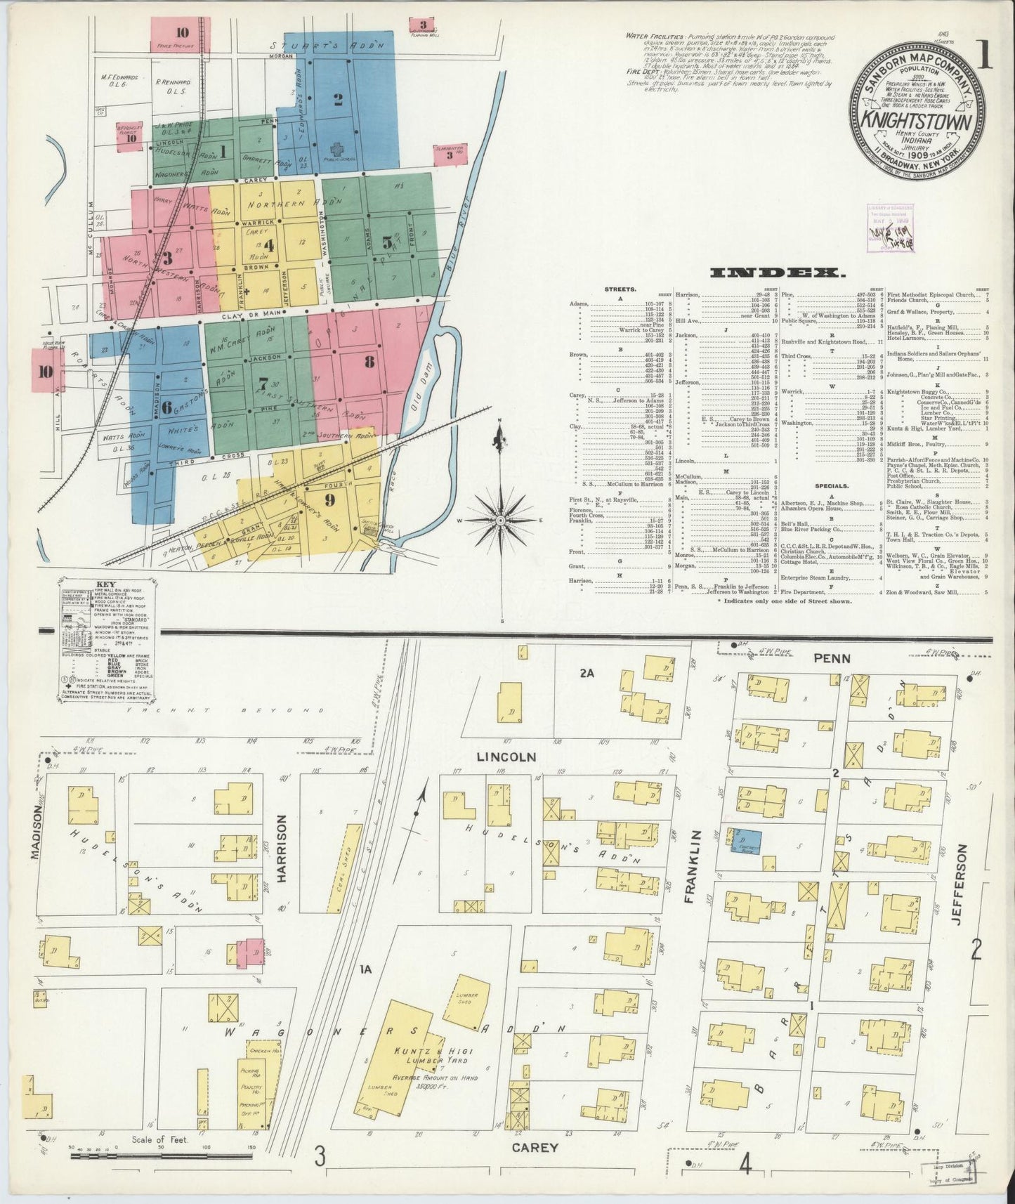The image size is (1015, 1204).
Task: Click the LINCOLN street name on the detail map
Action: click(506, 757)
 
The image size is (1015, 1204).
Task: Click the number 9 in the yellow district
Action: click(329, 500)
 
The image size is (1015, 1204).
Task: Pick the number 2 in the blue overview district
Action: click(338, 99)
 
